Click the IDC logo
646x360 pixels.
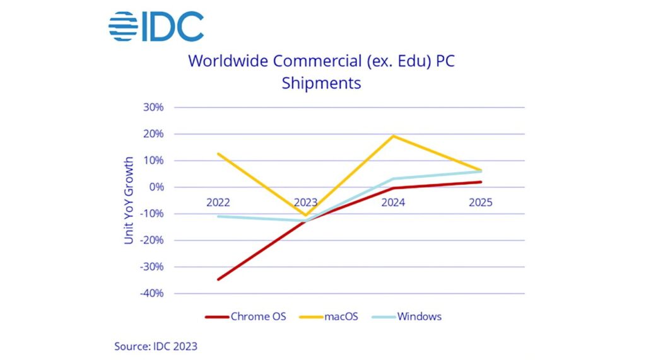(156, 26)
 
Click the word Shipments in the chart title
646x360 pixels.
(321, 83)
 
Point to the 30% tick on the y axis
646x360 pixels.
(153, 108)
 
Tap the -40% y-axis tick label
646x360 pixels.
(151, 294)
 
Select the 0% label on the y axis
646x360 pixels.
(156, 187)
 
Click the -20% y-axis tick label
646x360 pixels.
(151, 240)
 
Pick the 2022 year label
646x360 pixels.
(218, 202)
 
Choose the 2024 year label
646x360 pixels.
(393, 202)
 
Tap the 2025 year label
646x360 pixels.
(480, 202)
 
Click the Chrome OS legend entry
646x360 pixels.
(245, 316)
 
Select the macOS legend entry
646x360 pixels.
(329, 316)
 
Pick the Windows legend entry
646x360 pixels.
(407, 316)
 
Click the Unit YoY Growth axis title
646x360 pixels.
(129, 200)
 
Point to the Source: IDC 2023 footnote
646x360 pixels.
(156, 346)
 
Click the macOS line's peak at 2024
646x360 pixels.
(393, 136)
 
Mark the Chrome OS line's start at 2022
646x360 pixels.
(218, 280)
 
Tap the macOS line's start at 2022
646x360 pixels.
(218, 154)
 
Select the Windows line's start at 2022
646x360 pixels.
(218, 216)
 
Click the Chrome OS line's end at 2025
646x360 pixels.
(480, 182)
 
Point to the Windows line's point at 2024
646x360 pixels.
(393, 179)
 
